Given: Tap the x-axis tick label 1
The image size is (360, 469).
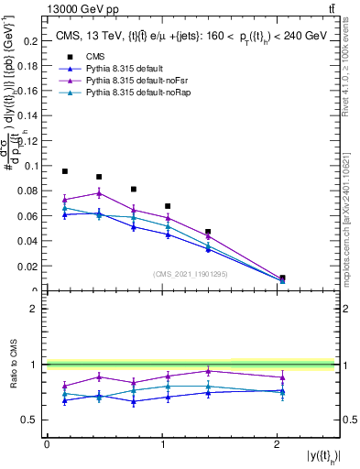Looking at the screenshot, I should (162, 444).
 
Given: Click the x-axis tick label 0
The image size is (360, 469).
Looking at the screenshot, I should (47, 444).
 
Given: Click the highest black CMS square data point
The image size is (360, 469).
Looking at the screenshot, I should (65, 171).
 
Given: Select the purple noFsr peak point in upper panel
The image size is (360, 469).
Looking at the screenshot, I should (99, 192).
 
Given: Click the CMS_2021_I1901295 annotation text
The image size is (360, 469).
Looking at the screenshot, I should (190, 274).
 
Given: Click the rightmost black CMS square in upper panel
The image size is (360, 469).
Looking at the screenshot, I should (282, 278).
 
